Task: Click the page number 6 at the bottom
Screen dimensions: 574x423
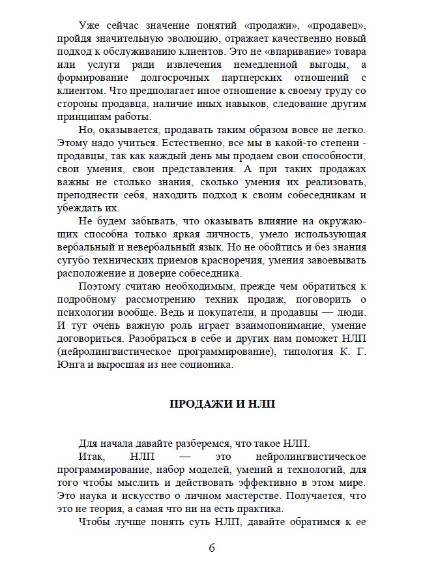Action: pyautogui.click(x=212, y=547)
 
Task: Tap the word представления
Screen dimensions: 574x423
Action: pyautogui.click(x=188, y=170)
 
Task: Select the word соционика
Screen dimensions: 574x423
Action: pyautogui.click(x=205, y=365)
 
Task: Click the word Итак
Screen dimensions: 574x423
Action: pyautogui.click(x=91, y=455)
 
